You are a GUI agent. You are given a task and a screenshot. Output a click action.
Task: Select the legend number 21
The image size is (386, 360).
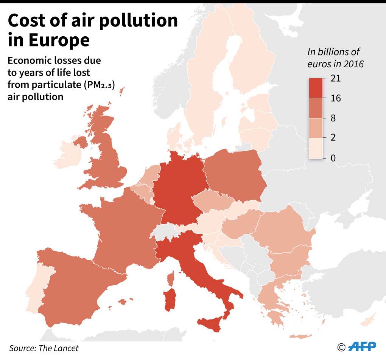point(336,79)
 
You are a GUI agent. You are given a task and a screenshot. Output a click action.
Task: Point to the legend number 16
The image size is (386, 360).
point(336,98)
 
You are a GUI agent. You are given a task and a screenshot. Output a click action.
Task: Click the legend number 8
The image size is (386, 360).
point(333,118)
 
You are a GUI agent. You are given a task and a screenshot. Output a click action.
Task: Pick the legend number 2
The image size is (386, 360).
point(333,138)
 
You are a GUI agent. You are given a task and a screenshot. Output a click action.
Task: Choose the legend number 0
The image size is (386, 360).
point(333,158)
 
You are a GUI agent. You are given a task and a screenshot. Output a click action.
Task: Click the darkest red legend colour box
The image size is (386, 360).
point(318,88)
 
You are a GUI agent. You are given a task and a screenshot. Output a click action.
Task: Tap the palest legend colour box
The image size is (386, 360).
point(318,148)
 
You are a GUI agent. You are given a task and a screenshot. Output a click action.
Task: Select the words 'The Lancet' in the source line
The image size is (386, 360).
point(59,348)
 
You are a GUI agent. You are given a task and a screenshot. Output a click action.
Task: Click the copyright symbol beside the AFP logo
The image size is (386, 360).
point(341,347)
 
